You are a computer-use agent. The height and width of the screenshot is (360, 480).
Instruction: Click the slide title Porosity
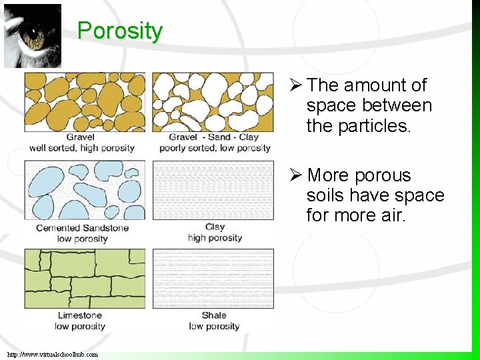[120, 31]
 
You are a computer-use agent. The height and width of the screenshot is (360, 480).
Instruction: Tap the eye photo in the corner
[33, 35]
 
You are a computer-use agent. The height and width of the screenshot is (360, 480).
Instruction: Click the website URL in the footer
[53, 354]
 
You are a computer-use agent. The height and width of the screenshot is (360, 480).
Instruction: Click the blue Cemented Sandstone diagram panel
[84, 190]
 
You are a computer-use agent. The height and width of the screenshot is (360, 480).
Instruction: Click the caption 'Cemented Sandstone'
[82, 228]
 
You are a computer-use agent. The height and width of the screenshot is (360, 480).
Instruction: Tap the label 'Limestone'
[80, 315]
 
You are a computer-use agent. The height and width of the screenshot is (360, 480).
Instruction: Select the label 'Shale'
[214, 315]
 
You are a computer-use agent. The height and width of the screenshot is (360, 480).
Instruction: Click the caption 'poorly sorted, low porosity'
[214, 148]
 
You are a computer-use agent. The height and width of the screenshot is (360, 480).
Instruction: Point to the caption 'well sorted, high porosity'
[82, 148]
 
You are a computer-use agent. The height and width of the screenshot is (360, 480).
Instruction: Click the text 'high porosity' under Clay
[215, 238]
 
